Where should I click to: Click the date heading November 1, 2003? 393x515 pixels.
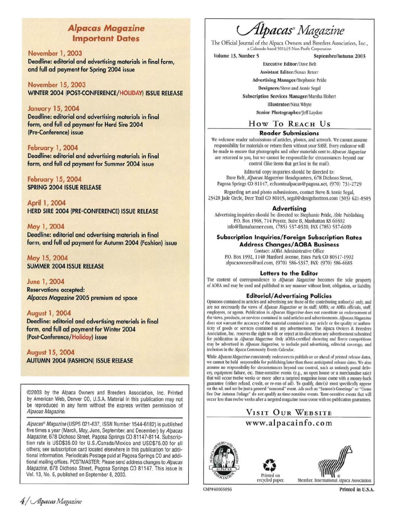point(55,53)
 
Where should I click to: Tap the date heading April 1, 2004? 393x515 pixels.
point(46,203)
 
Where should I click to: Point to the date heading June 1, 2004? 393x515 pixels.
point(45,281)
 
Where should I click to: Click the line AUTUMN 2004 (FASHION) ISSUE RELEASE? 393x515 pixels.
point(80,361)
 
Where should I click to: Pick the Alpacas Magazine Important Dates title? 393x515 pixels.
point(106,33)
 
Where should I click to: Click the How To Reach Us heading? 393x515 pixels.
point(289,124)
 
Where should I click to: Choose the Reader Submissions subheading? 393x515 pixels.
point(289,133)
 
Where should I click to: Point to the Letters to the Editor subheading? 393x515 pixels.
point(289,273)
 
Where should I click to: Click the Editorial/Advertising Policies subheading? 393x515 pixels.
point(289,295)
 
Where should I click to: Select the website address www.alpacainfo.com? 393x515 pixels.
point(289,423)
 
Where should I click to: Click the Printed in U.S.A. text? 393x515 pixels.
point(356,489)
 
